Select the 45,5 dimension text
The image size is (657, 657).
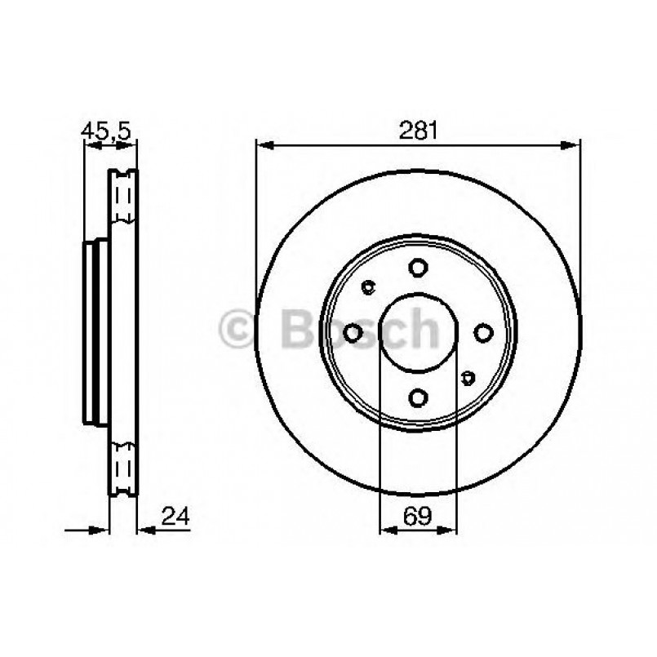coord(107,130)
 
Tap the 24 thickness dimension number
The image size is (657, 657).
coord(175,515)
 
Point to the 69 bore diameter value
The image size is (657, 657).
coord(418,515)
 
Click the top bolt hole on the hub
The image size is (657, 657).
coord(419,268)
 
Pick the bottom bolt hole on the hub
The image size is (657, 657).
coord(419,397)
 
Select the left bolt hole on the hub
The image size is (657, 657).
coord(353,332)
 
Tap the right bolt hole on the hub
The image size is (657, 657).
coord(483,332)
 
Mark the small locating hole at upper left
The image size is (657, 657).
coord(368,286)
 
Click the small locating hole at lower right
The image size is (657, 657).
coord(468,377)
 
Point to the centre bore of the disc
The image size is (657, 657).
coord(419,332)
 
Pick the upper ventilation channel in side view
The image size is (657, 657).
coord(124,198)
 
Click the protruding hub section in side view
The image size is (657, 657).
coord(95,331)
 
